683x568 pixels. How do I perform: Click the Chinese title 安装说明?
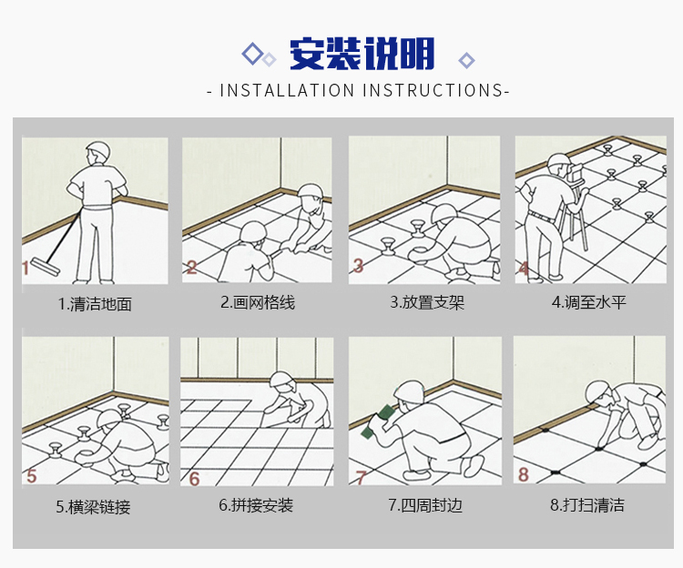pos(362,54)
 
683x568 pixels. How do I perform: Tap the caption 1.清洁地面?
pos(95,304)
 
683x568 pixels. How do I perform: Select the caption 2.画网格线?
pos(258,302)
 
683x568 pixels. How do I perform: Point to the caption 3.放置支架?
pos(427,302)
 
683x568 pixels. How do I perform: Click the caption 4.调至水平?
pos(589,302)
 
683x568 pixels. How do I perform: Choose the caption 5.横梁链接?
pos(93,507)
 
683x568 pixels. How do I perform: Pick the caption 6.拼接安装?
pos(256,505)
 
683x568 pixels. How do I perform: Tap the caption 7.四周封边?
pos(425,505)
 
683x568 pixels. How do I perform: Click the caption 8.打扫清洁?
pos(587,505)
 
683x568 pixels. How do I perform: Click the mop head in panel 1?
pos(45,266)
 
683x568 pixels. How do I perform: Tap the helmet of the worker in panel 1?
pos(98,149)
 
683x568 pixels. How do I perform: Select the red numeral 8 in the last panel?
pos(523,474)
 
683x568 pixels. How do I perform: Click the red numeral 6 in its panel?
pos(194,479)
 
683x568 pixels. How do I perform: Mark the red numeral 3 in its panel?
pos(358,265)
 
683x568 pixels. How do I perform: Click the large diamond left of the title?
pos(252,54)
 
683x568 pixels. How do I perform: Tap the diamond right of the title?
pos(466,60)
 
